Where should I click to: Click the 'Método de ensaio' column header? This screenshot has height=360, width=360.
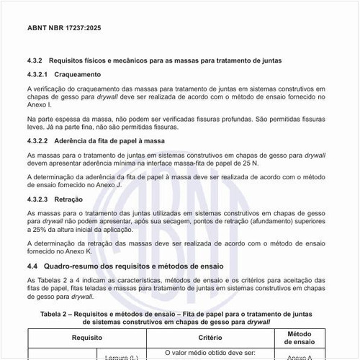click(x=298, y=336)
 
